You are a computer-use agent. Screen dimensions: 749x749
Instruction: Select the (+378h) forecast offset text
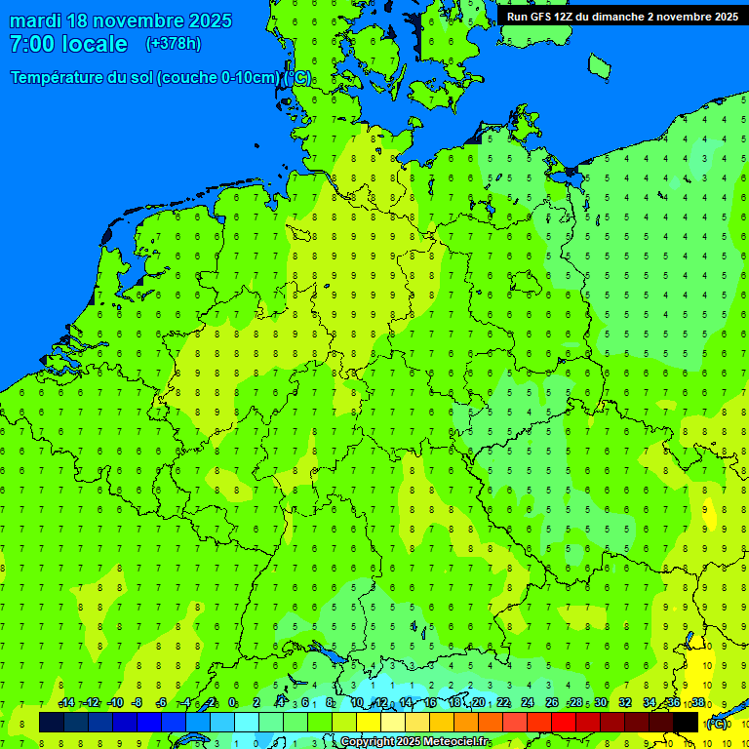tap(173, 44)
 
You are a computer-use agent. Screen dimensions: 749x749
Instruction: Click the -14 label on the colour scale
tap(66, 703)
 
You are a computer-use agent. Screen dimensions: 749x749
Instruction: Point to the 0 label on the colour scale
tap(232, 703)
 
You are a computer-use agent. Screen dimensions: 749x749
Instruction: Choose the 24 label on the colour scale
tap(528, 703)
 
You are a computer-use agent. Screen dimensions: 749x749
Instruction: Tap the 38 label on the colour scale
tap(698, 703)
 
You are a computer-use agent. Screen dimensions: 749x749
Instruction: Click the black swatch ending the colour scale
tap(686, 722)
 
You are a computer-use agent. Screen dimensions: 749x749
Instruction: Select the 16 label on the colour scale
tap(430, 703)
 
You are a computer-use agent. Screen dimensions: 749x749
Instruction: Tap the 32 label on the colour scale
tap(625, 703)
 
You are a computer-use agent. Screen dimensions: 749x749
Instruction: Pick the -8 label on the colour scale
tap(138, 703)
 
